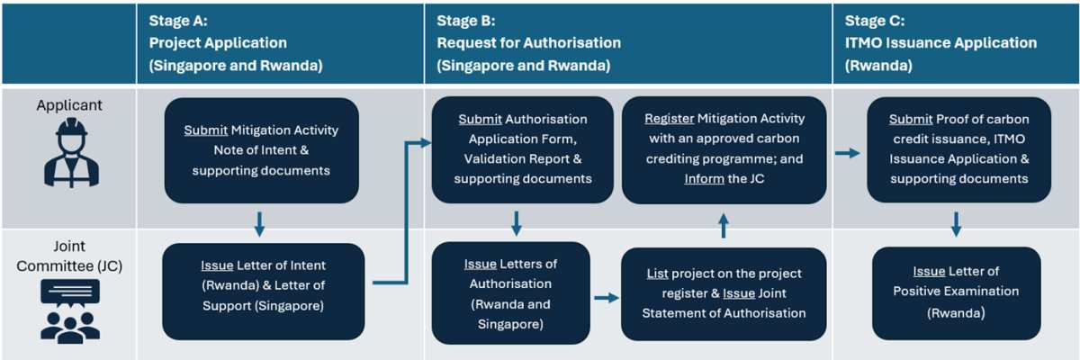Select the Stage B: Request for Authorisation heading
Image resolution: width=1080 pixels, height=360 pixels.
528,42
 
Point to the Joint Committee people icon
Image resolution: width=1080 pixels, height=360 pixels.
69,310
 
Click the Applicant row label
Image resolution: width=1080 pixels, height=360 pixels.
69,105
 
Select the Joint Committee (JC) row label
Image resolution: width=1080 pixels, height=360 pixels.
69,256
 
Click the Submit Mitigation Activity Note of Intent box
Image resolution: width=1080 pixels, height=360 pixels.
261,150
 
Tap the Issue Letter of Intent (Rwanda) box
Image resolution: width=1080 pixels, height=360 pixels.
263,291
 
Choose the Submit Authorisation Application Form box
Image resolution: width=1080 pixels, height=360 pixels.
522,149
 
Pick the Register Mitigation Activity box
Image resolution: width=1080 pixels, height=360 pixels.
724,149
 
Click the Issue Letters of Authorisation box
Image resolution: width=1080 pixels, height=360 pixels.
510,292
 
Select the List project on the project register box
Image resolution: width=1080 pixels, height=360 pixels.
724,293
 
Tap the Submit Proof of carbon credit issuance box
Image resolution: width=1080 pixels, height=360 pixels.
958,149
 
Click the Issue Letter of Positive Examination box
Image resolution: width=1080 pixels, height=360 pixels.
956,293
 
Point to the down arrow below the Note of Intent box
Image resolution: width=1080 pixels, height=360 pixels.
259,224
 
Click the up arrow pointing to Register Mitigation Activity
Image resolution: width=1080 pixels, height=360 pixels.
722,226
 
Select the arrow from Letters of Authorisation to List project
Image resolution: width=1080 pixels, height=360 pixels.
606,298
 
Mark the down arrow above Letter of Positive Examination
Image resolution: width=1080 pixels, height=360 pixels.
956,224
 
